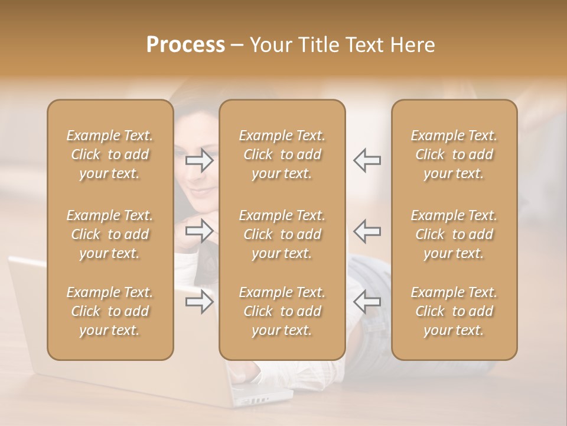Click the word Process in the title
pyautogui.click(x=185, y=45)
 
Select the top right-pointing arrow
pyautogui.click(x=200, y=160)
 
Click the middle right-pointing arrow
pyautogui.click(x=200, y=231)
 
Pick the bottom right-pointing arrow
pyautogui.click(x=200, y=302)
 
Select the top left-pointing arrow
pyautogui.click(x=367, y=160)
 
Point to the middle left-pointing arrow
pyautogui.click(x=367, y=231)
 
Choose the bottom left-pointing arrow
pyautogui.click(x=367, y=302)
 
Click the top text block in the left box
pyautogui.click(x=110, y=154)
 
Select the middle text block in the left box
pyautogui.click(x=110, y=234)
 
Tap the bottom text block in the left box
pyautogui.click(x=110, y=311)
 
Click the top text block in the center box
pyautogui.click(x=282, y=154)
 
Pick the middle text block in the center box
pyautogui.click(x=282, y=234)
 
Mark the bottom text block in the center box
pyautogui.click(x=282, y=311)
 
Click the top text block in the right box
pyautogui.click(x=454, y=154)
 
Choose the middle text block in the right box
pyautogui.click(x=454, y=234)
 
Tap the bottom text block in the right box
pyautogui.click(x=454, y=311)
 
